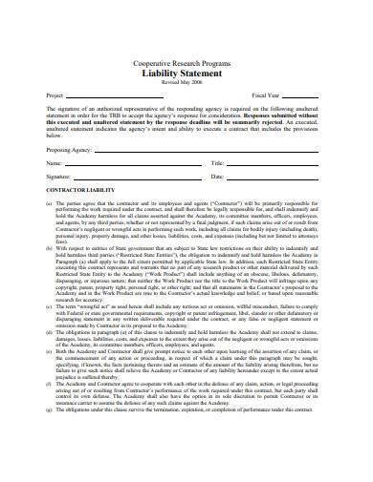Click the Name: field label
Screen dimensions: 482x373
55,164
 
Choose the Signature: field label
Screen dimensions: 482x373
60,178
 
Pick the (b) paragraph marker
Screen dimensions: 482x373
50,246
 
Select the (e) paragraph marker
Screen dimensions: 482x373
50,377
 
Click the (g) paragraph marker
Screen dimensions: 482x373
50,432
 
